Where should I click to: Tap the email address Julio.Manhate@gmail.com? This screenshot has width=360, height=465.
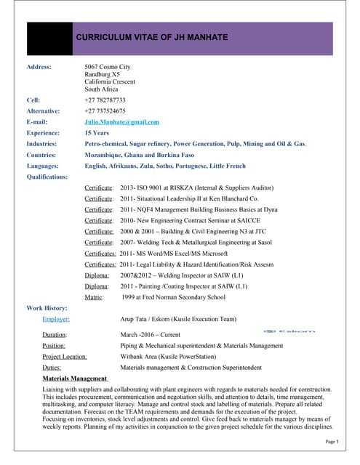point(121,122)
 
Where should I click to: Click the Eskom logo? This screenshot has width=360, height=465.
point(289,331)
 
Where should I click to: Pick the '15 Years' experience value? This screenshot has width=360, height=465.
point(97,134)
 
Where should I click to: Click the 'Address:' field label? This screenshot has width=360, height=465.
point(39,67)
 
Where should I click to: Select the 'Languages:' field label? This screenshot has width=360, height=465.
point(42,166)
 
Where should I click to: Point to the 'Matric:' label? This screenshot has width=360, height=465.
point(94,297)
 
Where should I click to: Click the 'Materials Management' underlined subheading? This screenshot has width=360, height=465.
point(75,379)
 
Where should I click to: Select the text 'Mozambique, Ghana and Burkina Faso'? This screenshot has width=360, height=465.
point(137,155)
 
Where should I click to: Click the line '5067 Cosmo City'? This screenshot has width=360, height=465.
point(107,67)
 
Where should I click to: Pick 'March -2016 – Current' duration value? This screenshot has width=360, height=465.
point(151,335)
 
